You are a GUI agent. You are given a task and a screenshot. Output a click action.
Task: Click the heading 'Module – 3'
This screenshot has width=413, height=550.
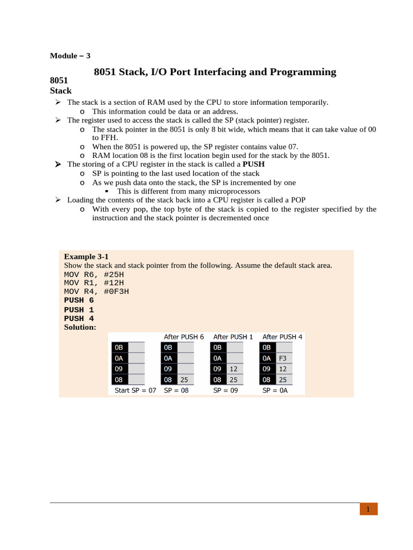tap(70, 56)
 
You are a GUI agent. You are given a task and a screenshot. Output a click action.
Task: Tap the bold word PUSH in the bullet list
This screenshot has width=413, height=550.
tap(254, 164)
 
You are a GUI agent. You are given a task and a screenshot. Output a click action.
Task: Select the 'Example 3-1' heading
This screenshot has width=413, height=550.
tap(86, 256)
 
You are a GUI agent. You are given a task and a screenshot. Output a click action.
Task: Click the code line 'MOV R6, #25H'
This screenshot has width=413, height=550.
tap(94, 274)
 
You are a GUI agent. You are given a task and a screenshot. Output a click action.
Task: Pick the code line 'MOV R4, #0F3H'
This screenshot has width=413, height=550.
tap(96, 292)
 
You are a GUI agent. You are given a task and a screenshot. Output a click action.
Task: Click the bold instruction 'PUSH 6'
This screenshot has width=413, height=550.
tap(79, 300)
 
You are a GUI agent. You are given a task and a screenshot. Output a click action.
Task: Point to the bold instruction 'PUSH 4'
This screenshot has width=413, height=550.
tap(79, 319)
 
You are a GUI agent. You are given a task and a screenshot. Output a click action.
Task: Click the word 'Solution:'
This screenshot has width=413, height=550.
tap(80, 327)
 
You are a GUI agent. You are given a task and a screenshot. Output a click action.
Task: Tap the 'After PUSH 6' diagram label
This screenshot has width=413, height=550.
tap(184, 337)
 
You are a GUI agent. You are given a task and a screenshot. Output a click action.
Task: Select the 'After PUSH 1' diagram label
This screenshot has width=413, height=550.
tap(233, 337)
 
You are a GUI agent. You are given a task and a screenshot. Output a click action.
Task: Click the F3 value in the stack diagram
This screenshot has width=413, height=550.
tap(283, 358)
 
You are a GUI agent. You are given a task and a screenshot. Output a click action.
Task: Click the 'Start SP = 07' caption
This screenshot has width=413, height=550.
tap(135, 390)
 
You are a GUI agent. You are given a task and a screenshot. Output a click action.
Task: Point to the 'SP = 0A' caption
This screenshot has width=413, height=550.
tap(275, 390)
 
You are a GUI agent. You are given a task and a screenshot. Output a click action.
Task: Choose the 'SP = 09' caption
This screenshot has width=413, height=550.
tap(225, 390)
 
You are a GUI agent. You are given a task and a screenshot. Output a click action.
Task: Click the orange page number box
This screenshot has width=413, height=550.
tap(368, 509)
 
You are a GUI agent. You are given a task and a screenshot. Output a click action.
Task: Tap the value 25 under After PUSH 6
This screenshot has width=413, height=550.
tap(184, 380)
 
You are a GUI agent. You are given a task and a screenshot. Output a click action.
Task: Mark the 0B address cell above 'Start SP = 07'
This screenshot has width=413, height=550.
tap(119, 348)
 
